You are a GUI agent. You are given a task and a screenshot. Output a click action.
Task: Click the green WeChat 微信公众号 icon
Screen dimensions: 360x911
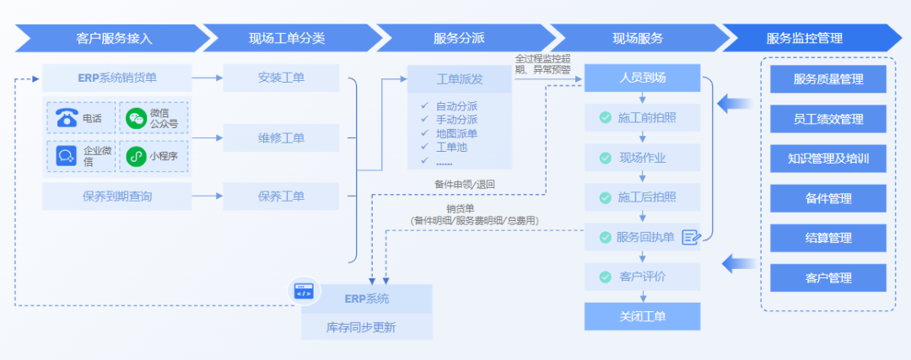coord(135,118)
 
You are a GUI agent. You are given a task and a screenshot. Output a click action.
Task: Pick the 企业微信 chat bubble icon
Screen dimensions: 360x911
coord(67,156)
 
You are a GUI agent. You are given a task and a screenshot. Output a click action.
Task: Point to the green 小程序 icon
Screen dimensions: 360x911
coord(135,156)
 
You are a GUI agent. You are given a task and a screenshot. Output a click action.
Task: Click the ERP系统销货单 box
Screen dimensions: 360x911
coord(116,78)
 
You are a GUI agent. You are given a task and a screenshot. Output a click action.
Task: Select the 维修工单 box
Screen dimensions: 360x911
coord(281,137)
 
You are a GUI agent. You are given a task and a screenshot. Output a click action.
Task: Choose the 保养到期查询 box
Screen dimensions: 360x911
coord(116,196)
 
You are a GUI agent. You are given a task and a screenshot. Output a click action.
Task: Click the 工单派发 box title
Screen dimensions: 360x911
coord(459,80)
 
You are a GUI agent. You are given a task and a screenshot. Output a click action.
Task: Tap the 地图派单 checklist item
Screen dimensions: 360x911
coord(456,133)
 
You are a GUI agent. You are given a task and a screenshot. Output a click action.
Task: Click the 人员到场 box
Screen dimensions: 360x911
coord(642,78)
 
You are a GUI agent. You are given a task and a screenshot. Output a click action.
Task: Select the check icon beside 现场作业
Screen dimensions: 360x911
coord(605,158)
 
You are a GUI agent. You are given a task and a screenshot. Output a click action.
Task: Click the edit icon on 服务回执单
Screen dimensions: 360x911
coord(691,237)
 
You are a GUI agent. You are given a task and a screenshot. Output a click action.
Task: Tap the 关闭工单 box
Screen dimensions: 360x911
coord(642,316)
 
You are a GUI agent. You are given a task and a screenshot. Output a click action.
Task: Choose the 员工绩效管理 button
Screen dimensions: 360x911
coord(827,119)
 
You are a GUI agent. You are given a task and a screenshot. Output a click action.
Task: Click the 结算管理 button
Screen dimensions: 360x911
coord(827,238)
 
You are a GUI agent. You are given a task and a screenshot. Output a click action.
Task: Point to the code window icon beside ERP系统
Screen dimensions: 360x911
coord(303,292)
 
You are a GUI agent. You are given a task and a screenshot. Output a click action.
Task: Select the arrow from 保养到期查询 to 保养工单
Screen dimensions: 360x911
coord(207,196)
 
